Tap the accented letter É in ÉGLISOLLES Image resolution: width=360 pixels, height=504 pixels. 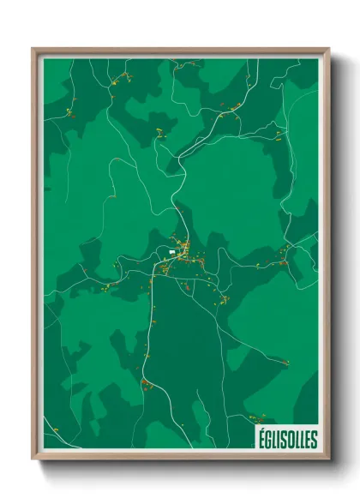pos(260,440)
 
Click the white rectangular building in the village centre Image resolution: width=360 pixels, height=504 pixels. pos(172,253)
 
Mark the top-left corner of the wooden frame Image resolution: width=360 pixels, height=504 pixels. pos(33,49)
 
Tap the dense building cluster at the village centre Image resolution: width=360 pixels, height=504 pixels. pos(182,255)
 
